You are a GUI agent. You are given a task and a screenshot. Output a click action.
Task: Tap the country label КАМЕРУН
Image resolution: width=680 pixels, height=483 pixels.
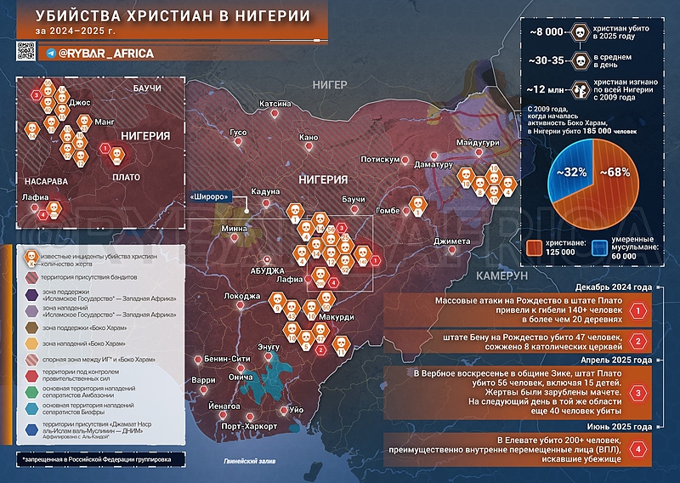pos(501,277)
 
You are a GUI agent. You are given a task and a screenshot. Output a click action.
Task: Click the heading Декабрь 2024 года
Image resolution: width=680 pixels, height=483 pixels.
pos(613,287)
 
